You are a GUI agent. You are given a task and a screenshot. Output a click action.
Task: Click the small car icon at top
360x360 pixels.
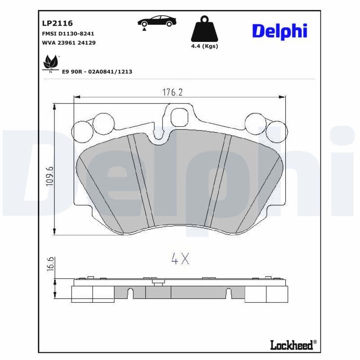pos(157,21)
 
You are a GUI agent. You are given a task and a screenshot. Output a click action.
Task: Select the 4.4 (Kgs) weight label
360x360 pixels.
pos(204,46)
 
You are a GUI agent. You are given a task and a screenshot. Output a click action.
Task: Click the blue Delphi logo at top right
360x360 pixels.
pos(279,31)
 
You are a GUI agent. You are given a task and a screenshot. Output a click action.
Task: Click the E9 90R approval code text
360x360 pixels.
pos(97,72)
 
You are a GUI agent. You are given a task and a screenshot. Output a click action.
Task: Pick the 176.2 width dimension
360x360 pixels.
pos(172,92)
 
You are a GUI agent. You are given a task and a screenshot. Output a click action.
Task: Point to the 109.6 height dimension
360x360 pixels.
pos(50,175)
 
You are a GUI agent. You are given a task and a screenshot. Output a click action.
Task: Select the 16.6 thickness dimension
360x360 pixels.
pos(50,264)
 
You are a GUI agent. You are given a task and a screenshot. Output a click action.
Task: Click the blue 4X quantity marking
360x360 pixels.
pos(180,259)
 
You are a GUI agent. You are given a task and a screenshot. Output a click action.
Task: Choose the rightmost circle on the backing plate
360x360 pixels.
pos(276,131)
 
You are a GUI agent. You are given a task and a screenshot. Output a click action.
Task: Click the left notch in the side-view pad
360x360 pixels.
pos(130,293)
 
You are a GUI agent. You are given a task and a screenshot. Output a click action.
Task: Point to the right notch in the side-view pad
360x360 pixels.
pos(228,293)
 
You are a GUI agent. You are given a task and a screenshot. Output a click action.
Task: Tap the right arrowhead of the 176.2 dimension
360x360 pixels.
pos(283,96)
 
